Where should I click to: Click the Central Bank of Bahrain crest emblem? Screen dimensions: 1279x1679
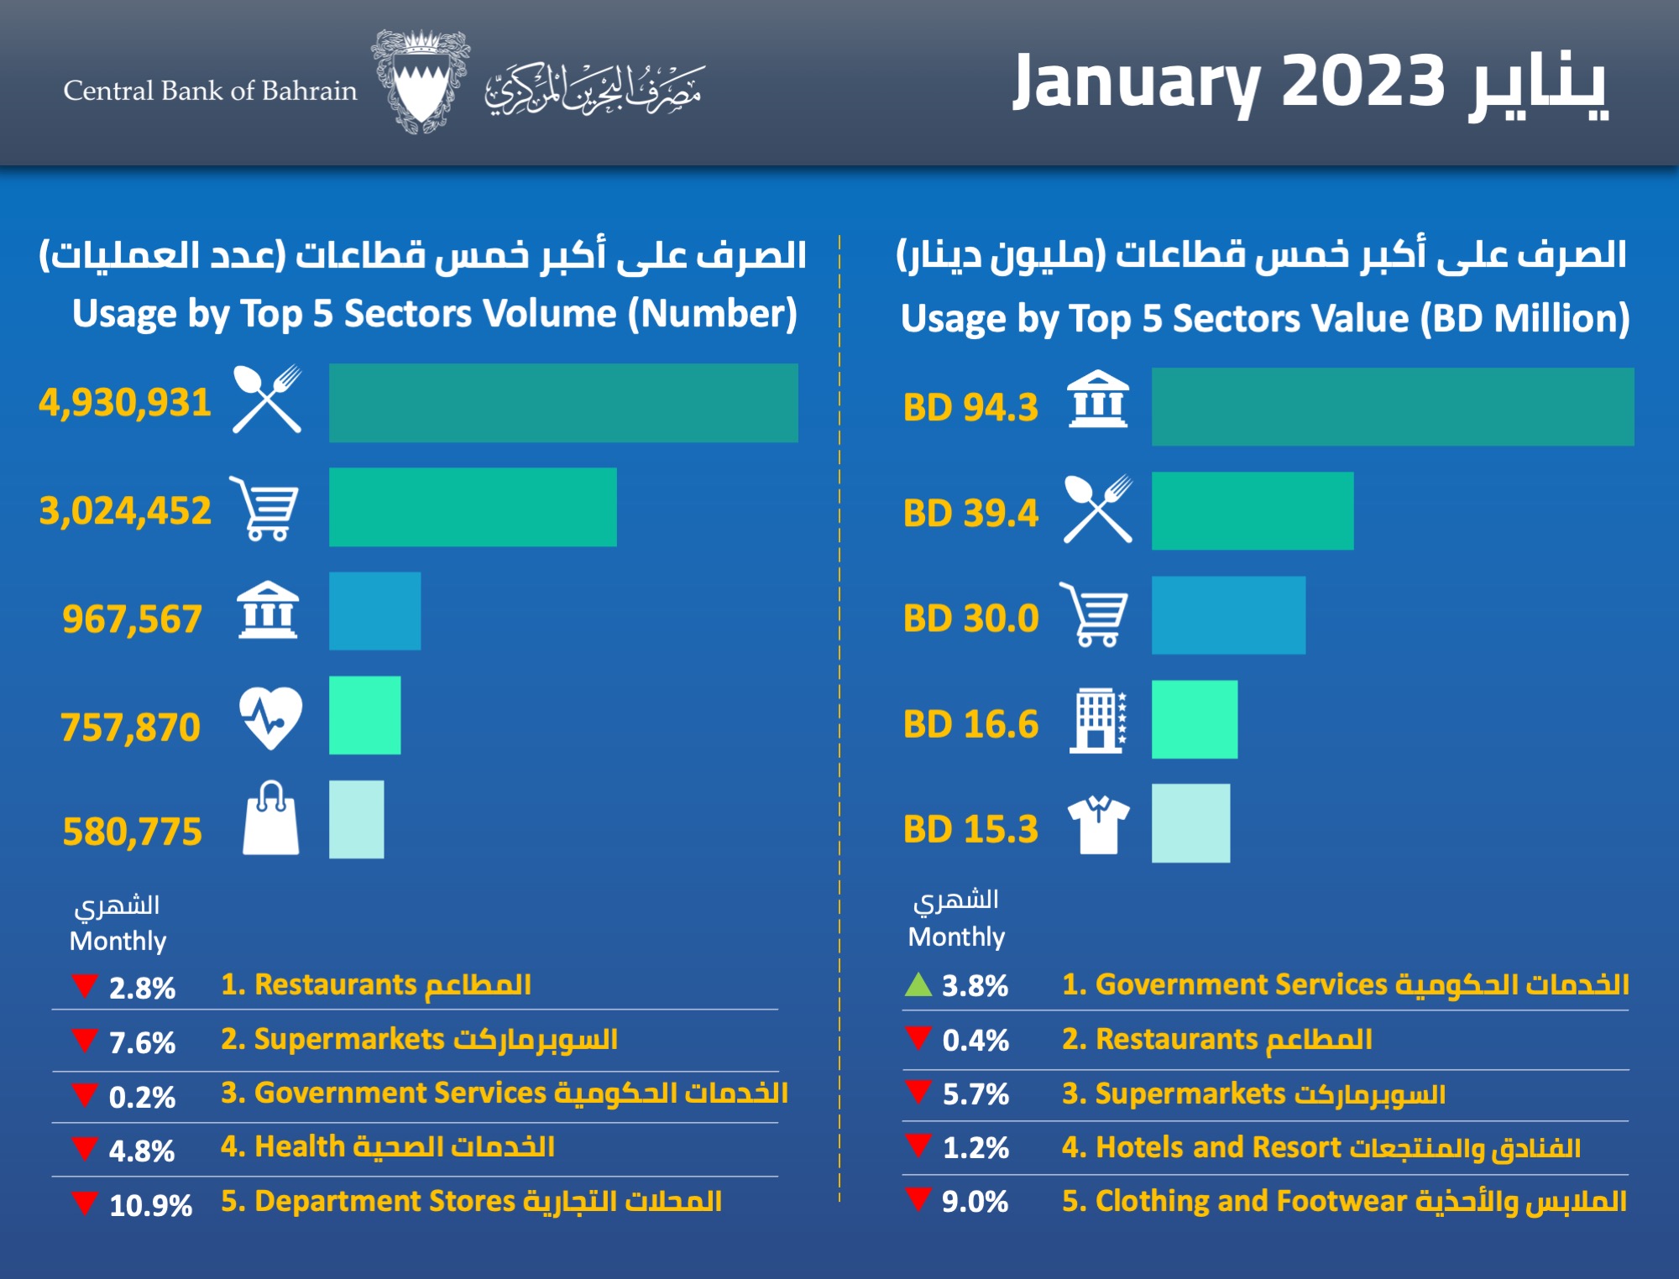tap(420, 81)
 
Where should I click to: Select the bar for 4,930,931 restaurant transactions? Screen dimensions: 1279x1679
tap(562, 403)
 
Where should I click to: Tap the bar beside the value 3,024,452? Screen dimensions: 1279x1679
tap(472, 507)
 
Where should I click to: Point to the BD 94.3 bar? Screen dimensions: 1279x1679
tap(1392, 406)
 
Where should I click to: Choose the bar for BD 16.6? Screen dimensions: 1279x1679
tap(1194, 719)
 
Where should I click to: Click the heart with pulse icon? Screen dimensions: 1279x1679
tap(269, 718)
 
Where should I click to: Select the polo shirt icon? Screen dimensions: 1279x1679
tap(1098, 824)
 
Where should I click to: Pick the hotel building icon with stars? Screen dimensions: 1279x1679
tap(1098, 720)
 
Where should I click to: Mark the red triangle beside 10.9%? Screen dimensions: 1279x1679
tap(85, 1203)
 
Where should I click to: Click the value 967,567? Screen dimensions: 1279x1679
tap(132, 619)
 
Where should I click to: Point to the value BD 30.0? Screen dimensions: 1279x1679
tap(970, 619)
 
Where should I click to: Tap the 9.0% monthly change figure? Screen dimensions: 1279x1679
tap(975, 1202)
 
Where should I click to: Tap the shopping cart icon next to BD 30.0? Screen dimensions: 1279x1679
tap(1095, 615)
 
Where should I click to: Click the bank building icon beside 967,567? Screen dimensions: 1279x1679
tap(268, 610)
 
